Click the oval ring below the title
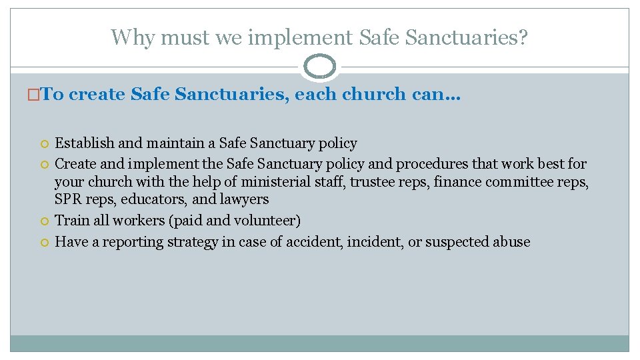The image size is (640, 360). click(319, 67)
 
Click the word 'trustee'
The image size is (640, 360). click(372, 182)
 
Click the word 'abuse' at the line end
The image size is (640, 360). click(510, 242)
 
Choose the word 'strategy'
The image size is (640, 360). click(189, 242)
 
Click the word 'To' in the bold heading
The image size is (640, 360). click(53, 95)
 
